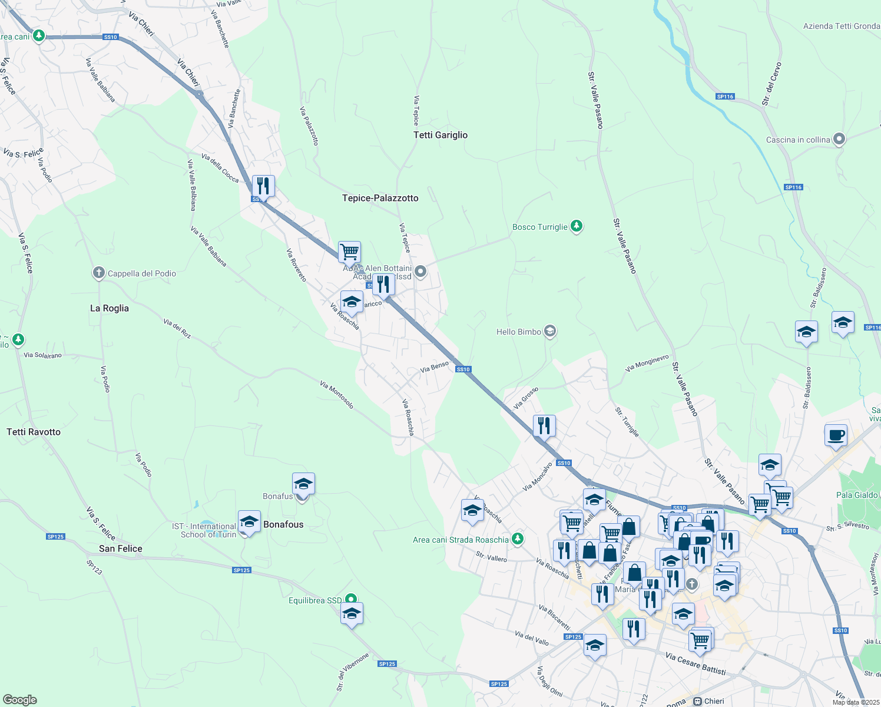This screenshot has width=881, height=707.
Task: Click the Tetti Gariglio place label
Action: tap(440, 135)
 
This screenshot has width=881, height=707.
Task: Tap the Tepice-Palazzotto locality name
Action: tap(380, 198)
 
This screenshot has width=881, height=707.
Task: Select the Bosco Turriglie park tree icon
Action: tap(577, 226)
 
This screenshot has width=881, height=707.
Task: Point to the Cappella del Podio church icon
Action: tap(99, 273)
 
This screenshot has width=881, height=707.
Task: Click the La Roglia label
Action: tap(110, 308)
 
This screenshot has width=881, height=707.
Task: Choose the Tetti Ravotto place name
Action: tap(34, 432)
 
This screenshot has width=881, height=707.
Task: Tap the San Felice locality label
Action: tap(121, 549)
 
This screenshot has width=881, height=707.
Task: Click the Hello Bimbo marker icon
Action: tap(550, 331)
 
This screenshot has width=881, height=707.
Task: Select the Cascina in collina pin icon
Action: tap(840, 140)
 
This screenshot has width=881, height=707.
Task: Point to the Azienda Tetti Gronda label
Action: tap(841, 26)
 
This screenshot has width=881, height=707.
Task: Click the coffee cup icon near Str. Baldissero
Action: tap(836, 435)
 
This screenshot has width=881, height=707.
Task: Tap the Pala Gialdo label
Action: tap(857, 495)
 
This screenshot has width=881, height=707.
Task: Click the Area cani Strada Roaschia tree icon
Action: tap(517, 538)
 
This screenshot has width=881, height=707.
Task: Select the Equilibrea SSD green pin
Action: tap(352, 599)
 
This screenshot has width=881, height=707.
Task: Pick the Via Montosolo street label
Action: tap(337, 394)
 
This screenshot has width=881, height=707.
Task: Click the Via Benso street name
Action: tap(435, 367)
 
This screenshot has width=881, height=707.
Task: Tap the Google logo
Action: tap(20, 699)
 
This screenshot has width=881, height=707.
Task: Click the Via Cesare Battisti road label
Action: tap(695, 664)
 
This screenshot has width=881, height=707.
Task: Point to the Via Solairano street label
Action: tap(42, 355)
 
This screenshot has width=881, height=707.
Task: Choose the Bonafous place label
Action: tap(283, 524)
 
